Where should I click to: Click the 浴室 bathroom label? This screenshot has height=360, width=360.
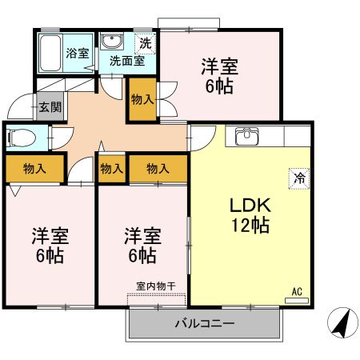pyautogui.click(x=78, y=54)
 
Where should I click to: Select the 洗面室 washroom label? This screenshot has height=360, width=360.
pyautogui.click(x=126, y=60)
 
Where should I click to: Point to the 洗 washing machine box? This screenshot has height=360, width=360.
pyautogui.click(x=146, y=42)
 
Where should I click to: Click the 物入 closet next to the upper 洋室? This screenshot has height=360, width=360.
pyautogui.click(x=142, y=99)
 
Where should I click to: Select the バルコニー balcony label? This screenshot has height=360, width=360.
pyautogui.click(x=204, y=324)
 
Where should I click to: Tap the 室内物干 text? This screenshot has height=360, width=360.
pyautogui.click(x=155, y=285)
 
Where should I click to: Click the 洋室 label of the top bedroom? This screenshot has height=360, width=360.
pyautogui.click(x=219, y=67)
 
